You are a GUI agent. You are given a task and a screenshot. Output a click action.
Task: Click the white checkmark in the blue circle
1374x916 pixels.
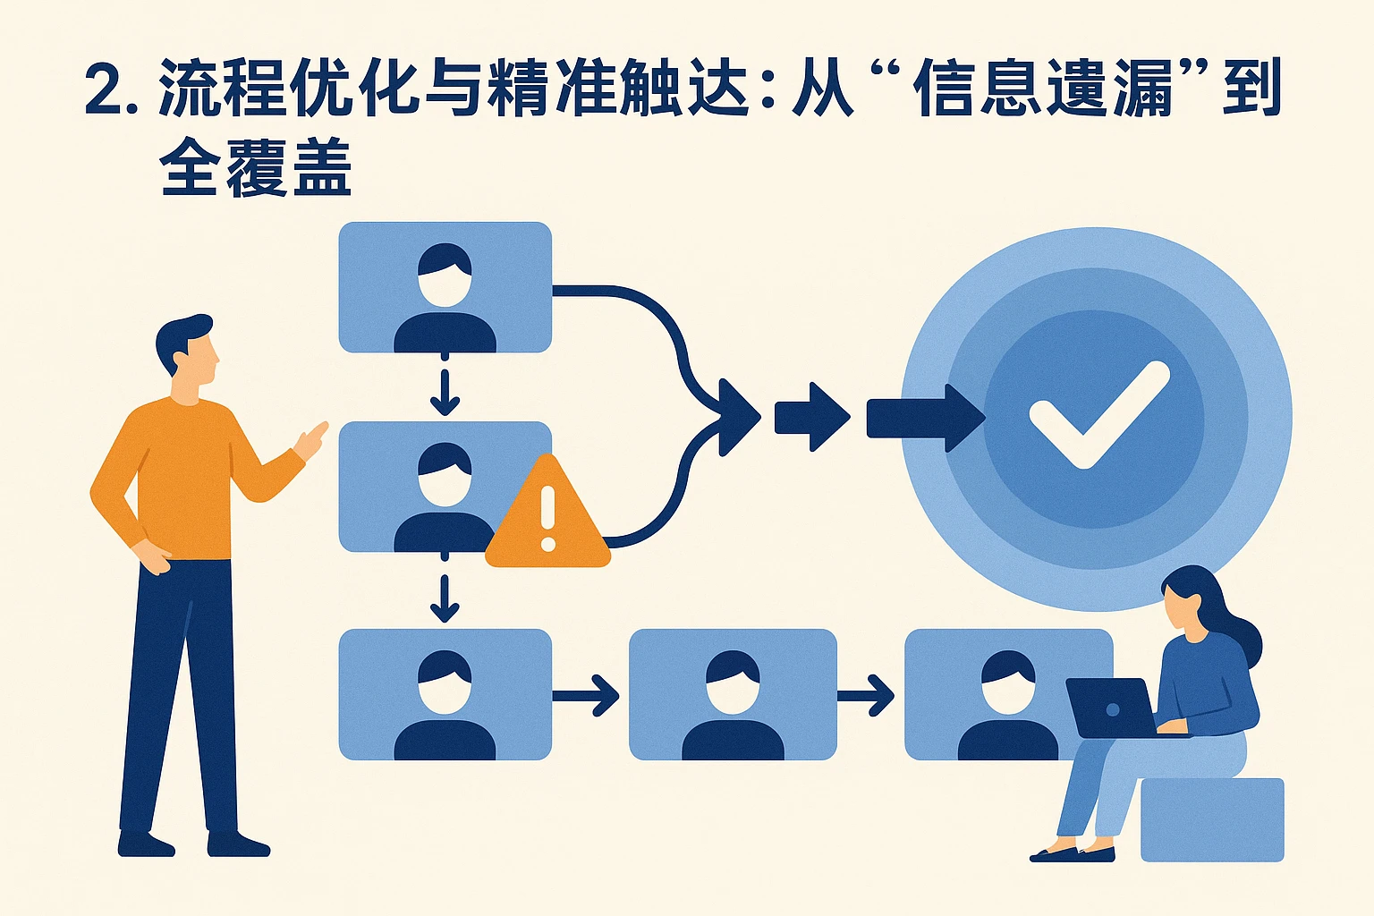coord(1098,414)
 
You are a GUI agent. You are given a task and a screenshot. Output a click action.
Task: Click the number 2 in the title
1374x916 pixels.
coord(105,90)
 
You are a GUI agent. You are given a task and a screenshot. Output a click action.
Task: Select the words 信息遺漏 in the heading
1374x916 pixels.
coord(1042,89)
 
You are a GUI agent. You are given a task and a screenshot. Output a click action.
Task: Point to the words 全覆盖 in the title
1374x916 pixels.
coord(256,167)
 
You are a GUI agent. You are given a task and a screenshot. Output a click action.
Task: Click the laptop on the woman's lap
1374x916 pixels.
coord(1112,708)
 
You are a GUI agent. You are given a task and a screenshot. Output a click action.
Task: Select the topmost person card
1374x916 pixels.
coord(445,286)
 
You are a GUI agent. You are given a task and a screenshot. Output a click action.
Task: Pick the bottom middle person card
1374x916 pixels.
coord(733,694)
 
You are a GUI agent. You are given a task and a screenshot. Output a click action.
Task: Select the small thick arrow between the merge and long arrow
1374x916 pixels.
coord(810,417)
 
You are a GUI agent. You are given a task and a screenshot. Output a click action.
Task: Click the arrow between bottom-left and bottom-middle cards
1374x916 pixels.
coord(587,695)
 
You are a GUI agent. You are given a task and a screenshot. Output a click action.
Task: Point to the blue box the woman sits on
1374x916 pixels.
coord(1212,819)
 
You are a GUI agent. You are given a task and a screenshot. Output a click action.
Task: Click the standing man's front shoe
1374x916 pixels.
coord(238,844)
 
